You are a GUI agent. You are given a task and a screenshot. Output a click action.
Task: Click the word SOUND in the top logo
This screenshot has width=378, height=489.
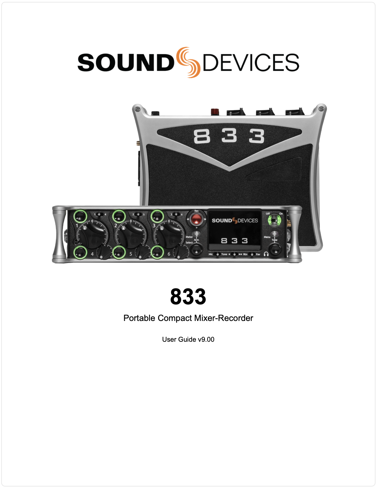tap(125, 62)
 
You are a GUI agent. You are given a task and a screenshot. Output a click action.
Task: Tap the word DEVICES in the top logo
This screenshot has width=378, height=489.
tap(251, 62)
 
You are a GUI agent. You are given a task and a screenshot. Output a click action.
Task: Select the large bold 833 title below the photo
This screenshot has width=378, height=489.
tap(188, 296)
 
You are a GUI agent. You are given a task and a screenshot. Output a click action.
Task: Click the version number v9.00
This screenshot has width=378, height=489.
tap(206, 340)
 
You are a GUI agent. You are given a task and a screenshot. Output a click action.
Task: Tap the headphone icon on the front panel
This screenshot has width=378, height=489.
tap(266, 254)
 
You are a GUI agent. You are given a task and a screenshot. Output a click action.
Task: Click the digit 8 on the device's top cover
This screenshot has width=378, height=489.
tap(202, 137)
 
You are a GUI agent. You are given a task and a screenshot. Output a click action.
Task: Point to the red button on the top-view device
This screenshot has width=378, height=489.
tap(215, 111)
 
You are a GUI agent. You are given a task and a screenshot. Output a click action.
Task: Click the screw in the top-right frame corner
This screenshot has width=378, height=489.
tap(320, 109)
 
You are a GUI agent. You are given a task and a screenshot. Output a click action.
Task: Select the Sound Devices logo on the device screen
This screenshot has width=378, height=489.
tap(235, 221)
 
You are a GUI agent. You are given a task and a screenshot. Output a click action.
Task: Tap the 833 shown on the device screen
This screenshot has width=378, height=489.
tap(235, 241)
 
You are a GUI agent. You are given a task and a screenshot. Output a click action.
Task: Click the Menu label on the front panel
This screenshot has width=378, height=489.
tap(267, 237)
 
